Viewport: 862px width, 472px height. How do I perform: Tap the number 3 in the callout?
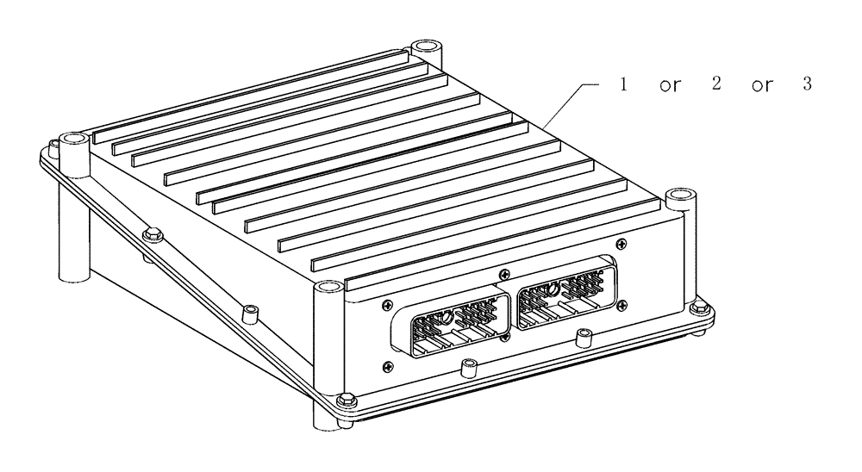pos(807,87)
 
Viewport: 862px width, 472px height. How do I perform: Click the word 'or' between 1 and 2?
pos(667,89)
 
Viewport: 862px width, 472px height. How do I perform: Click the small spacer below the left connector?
pos(469,368)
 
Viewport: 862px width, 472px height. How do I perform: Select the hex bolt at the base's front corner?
pos(347,399)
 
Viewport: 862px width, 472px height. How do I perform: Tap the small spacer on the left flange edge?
pos(250,308)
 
